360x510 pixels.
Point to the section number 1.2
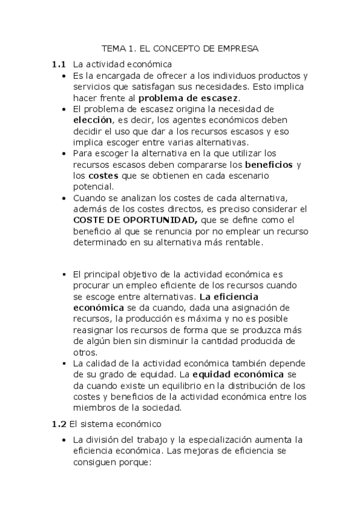[58, 423]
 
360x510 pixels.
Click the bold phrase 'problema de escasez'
[189, 97]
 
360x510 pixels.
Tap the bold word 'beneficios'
[270, 164]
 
